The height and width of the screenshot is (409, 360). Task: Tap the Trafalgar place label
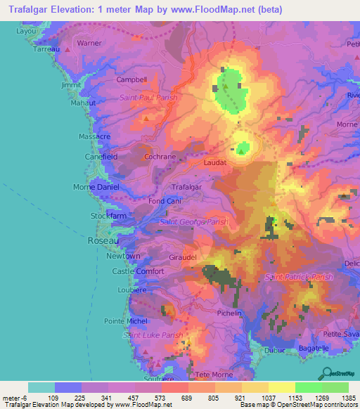(187, 187)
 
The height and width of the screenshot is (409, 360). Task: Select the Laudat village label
(215, 162)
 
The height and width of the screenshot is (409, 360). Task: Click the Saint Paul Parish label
(148, 98)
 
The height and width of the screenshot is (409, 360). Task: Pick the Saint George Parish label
(194, 222)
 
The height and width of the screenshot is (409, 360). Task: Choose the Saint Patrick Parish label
(299, 278)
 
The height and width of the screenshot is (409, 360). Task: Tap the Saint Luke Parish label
(153, 335)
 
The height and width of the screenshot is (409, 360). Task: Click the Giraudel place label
(184, 257)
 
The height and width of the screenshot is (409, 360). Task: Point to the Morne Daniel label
(97, 188)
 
